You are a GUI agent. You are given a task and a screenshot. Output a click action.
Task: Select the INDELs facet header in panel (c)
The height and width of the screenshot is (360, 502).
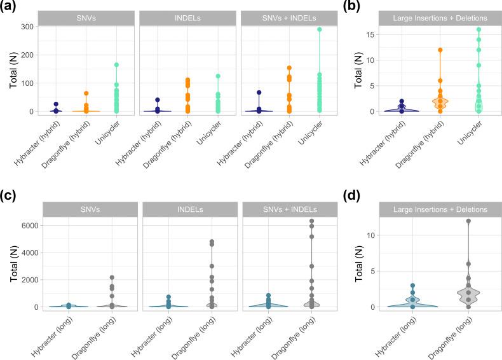coord(189,209)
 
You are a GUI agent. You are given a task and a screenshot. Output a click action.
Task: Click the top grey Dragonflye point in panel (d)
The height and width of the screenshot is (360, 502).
coord(468,221)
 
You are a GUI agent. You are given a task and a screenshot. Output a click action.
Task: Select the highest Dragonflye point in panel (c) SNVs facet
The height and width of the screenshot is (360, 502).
coord(112,277)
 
